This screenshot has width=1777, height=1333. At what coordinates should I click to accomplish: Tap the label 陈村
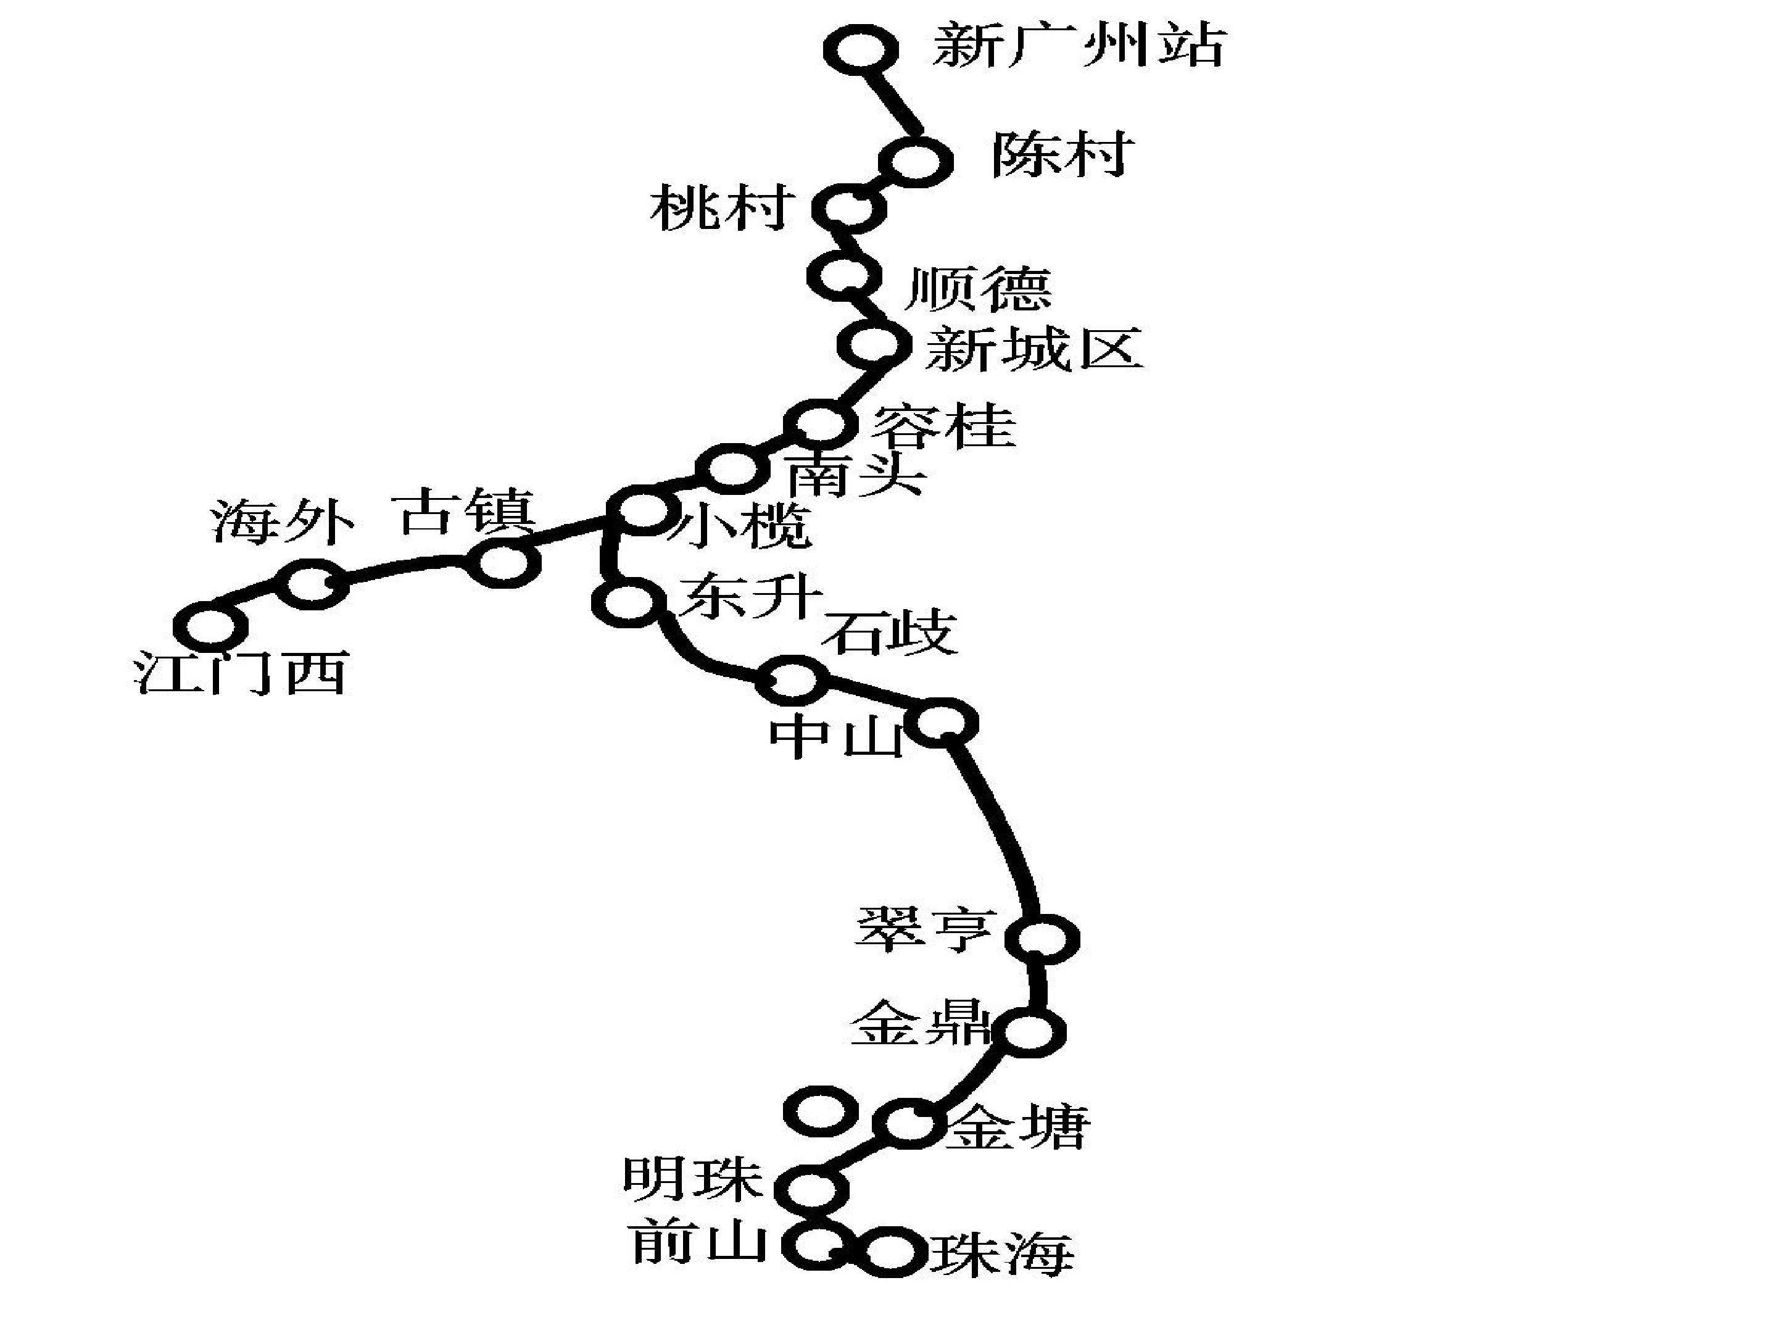(x=1062, y=154)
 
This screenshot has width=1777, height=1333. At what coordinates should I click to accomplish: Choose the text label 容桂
(x=944, y=425)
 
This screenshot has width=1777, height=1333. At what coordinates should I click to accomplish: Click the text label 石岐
(x=889, y=633)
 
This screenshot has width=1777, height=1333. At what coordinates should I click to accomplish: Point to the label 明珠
(x=692, y=1178)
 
